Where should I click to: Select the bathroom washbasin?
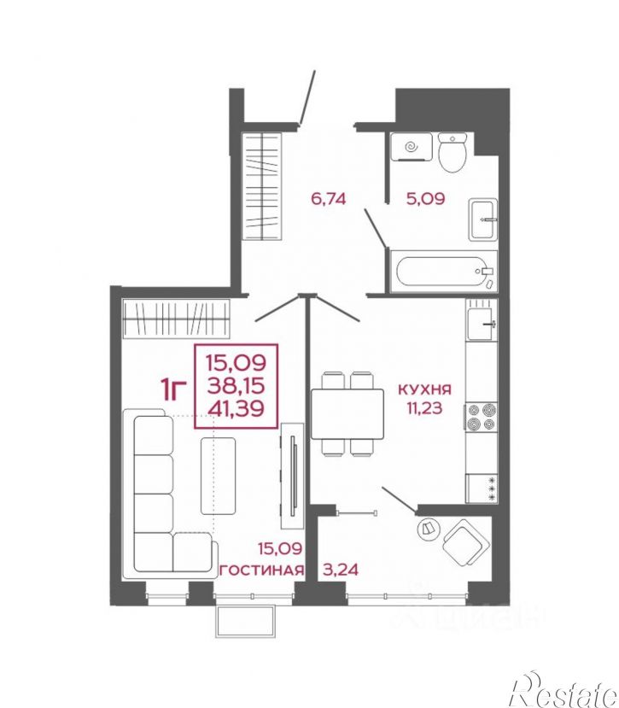tap(482, 219)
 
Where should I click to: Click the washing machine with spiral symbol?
tap(411, 147)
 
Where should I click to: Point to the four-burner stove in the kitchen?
tap(482, 418)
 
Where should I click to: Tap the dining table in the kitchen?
tap(347, 414)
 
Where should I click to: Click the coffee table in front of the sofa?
tap(218, 476)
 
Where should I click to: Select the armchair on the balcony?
tap(466, 541)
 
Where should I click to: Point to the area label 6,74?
tap(329, 199)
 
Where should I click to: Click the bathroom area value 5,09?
tap(426, 198)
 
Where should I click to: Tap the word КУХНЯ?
tap(424, 389)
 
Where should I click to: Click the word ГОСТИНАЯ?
tap(262, 570)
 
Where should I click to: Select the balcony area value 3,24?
tap(341, 570)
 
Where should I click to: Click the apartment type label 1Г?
tap(173, 389)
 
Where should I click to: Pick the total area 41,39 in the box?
tap(236, 409)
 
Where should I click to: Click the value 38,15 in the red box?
tap(236, 386)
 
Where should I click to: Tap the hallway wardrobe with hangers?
tap(262, 185)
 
